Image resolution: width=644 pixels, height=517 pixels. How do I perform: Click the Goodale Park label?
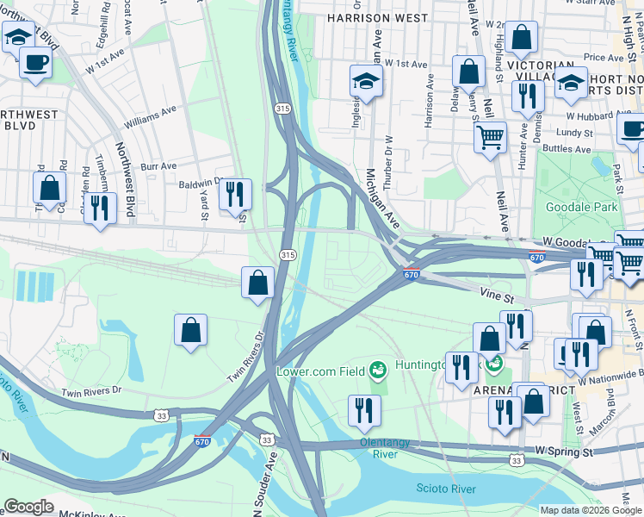pyautogui.click(x=582, y=207)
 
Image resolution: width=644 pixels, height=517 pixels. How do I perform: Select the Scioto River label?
pyautogui.click(x=445, y=489)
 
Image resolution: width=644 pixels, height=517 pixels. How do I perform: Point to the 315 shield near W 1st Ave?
pyautogui.click(x=282, y=109)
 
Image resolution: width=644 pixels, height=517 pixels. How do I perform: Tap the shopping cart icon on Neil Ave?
pyautogui.click(x=490, y=136)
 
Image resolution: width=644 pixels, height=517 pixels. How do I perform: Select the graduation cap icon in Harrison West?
pyautogui.click(x=366, y=82)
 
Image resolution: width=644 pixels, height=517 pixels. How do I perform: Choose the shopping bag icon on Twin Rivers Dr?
pyautogui.click(x=257, y=282)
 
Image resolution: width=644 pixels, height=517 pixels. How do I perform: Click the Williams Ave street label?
pyautogui.click(x=150, y=110)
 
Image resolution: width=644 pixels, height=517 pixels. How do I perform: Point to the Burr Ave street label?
pyautogui.click(x=158, y=165)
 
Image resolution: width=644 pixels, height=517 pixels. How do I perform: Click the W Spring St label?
pyautogui.click(x=565, y=451)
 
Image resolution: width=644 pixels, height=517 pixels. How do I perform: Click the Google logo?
pyautogui.click(x=28, y=507)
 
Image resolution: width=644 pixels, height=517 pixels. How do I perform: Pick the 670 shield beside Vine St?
pyautogui.click(x=412, y=274)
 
